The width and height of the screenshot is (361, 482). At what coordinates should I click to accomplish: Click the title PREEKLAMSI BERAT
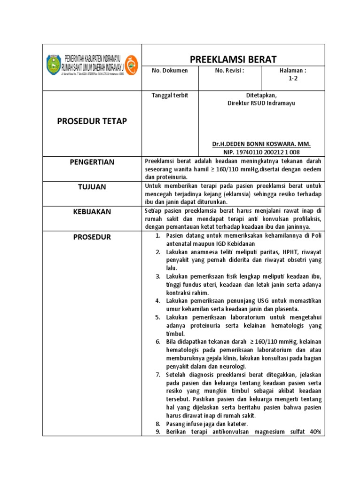233,59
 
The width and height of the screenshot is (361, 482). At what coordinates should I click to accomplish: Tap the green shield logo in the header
54,64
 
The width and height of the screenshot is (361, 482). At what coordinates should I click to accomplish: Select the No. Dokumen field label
169,71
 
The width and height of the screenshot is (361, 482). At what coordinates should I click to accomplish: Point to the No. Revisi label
229,71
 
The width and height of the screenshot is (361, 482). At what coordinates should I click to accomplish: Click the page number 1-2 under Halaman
293,79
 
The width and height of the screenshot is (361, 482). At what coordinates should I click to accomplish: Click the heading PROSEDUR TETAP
92,121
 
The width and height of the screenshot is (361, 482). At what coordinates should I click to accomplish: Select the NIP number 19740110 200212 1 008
261,152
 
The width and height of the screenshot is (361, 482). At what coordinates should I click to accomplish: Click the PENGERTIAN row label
92,162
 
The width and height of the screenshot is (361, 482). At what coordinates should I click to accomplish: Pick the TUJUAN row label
92,187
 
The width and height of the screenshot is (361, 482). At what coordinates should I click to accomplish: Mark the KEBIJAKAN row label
92,212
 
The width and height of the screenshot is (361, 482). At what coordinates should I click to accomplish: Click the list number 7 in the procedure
158,375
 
